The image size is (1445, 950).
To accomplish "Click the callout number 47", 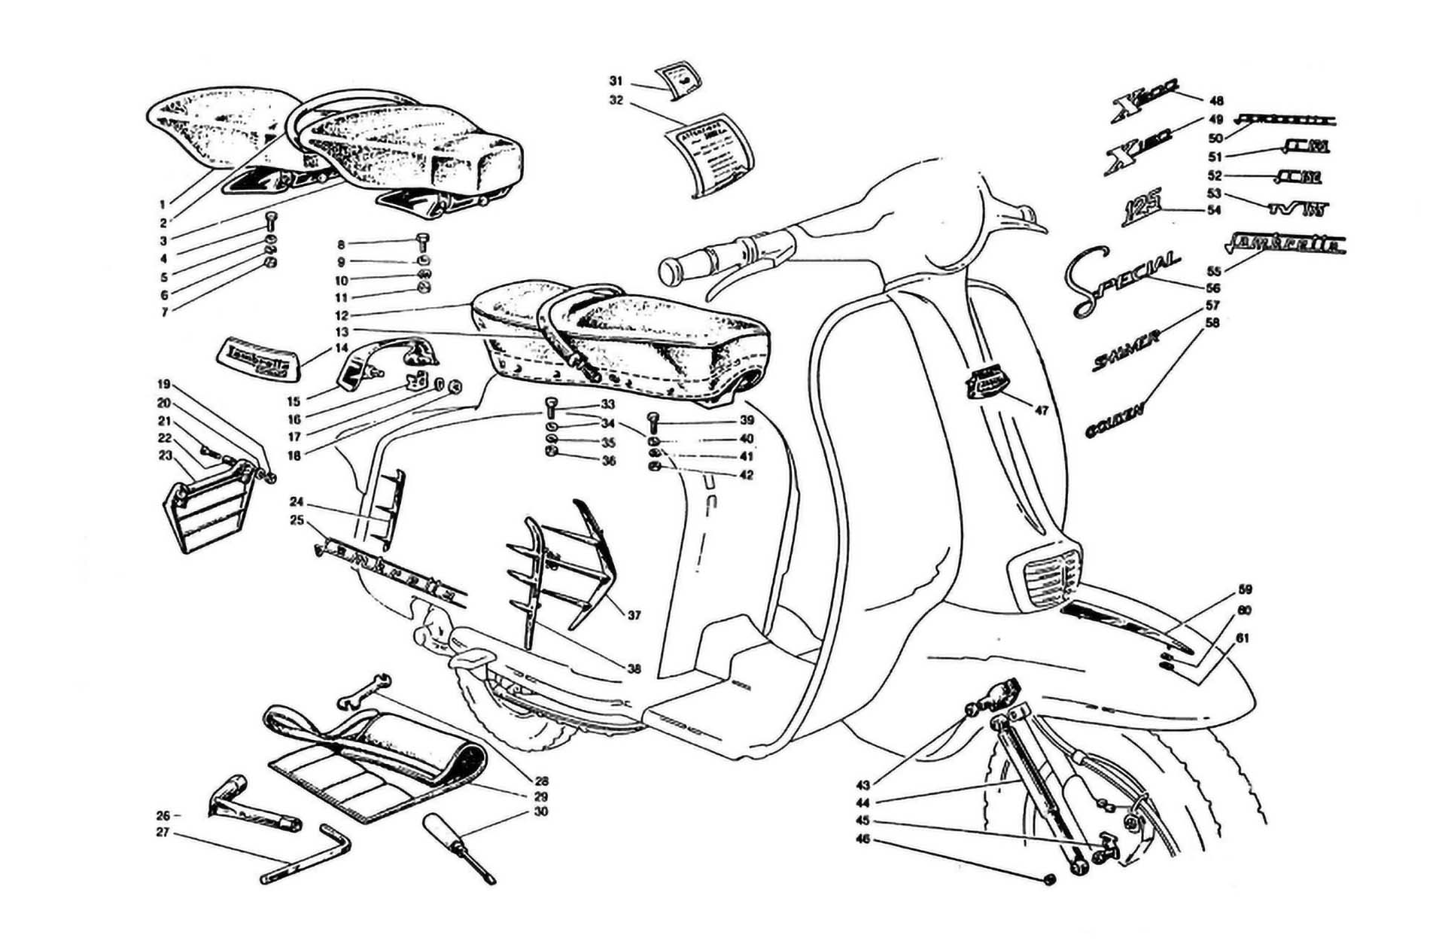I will [x=1041, y=411].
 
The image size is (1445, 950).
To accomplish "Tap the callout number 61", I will [x=1243, y=638].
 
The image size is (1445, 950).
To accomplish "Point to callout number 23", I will [x=166, y=455].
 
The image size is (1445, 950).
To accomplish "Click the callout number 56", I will [x=1212, y=288].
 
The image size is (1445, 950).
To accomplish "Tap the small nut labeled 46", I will [x=1051, y=881].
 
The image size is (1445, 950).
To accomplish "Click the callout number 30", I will [x=540, y=811].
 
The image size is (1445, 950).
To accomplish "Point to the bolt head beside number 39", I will [x=653, y=419].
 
